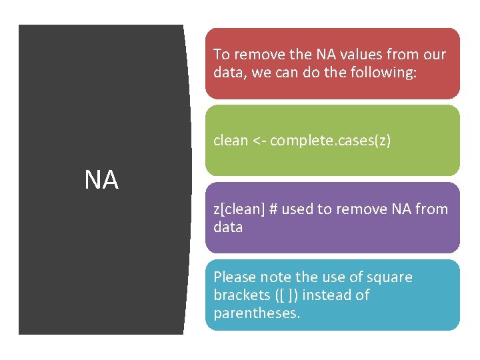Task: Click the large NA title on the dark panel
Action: [x=101, y=180]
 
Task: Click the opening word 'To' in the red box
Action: [x=221, y=55]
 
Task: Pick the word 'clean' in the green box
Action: [x=231, y=141]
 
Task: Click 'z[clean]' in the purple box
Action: [x=237, y=210]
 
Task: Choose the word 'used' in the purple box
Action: [x=297, y=209]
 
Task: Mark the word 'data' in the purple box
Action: [x=228, y=227]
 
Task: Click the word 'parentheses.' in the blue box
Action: [x=257, y=313]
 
